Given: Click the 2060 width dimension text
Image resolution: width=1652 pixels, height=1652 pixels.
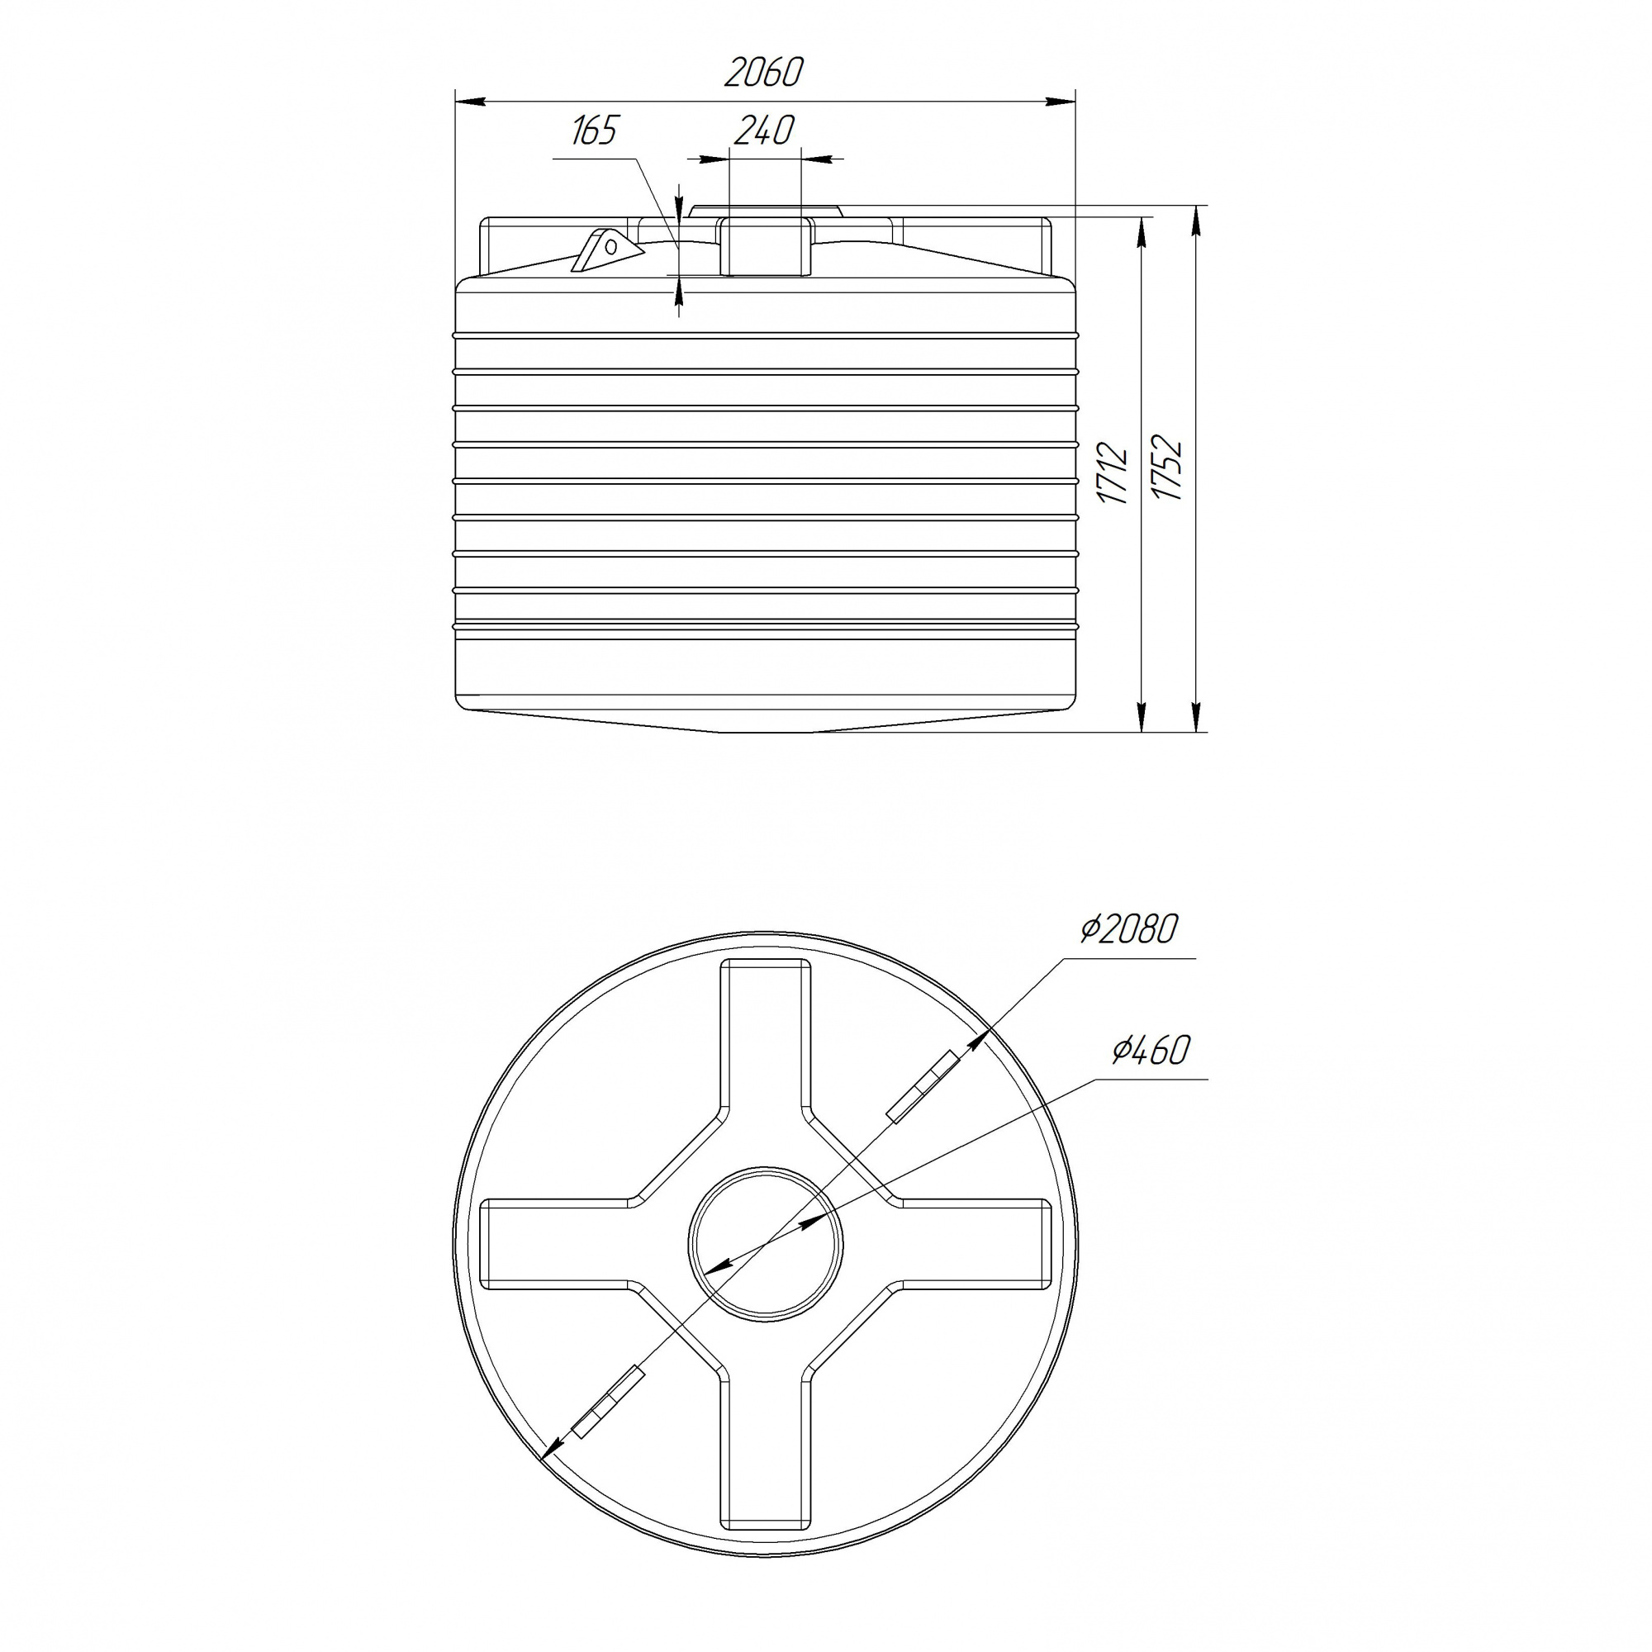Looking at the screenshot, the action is [x=763, y=73].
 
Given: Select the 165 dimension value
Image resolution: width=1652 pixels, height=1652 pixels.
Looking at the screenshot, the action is [x=594, y=131].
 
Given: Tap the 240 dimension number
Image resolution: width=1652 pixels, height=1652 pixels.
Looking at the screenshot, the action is [x=763, y=130].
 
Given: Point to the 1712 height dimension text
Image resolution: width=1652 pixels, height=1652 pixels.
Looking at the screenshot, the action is [x=1113, y=472].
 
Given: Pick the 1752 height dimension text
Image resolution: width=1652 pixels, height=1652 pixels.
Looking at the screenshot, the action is [x=1166, y=468].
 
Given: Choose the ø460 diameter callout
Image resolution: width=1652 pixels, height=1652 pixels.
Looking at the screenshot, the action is [x=1151, y=1050].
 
